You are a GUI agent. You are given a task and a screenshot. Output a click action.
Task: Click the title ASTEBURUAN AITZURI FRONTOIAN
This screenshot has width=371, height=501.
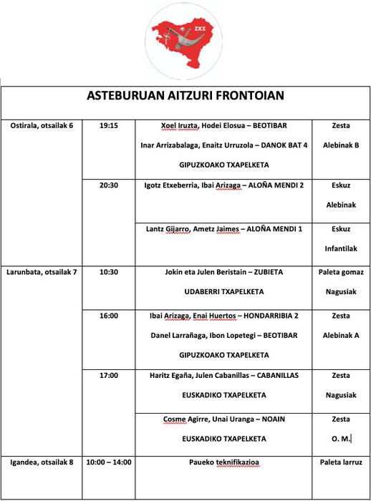click(x=185, y=95)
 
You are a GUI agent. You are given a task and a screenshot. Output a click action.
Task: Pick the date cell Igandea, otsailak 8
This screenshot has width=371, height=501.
click(x=42, y=462)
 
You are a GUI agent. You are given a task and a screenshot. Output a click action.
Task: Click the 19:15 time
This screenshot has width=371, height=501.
click(x=109, y=125)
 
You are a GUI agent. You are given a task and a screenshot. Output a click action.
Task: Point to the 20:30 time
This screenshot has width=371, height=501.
click(x=109, y=185)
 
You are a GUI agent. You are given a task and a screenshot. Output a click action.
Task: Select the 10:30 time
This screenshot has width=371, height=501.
click(x=109, y=272)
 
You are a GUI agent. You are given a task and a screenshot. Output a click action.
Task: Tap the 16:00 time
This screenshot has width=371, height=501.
click(x=109, y=315)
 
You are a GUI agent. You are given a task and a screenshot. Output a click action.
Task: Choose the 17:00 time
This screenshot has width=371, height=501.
click(x=109, y=375)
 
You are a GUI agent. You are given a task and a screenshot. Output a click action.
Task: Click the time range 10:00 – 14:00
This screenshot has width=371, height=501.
click(x=109, y=462)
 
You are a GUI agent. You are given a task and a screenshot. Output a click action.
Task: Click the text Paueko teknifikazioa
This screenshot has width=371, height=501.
click(x=223, y=462)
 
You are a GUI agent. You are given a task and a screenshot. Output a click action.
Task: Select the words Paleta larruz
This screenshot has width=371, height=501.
click(x=341, y=462)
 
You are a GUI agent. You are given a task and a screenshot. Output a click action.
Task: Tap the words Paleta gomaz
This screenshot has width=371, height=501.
click(x=341, y=272)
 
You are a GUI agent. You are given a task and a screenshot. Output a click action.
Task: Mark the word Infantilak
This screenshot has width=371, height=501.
click(x=341, y=248)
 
